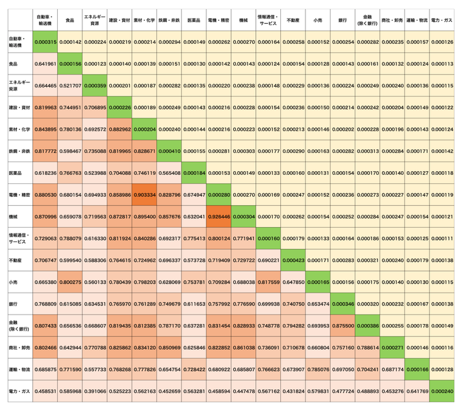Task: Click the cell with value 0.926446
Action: tap(219, 217)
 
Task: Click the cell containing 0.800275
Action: tap(69, 282)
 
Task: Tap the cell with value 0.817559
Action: tap(269, 282)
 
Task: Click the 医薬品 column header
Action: tap(194, 21)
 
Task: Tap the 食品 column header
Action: tap(69, 21)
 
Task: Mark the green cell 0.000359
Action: tap(95, 86)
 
